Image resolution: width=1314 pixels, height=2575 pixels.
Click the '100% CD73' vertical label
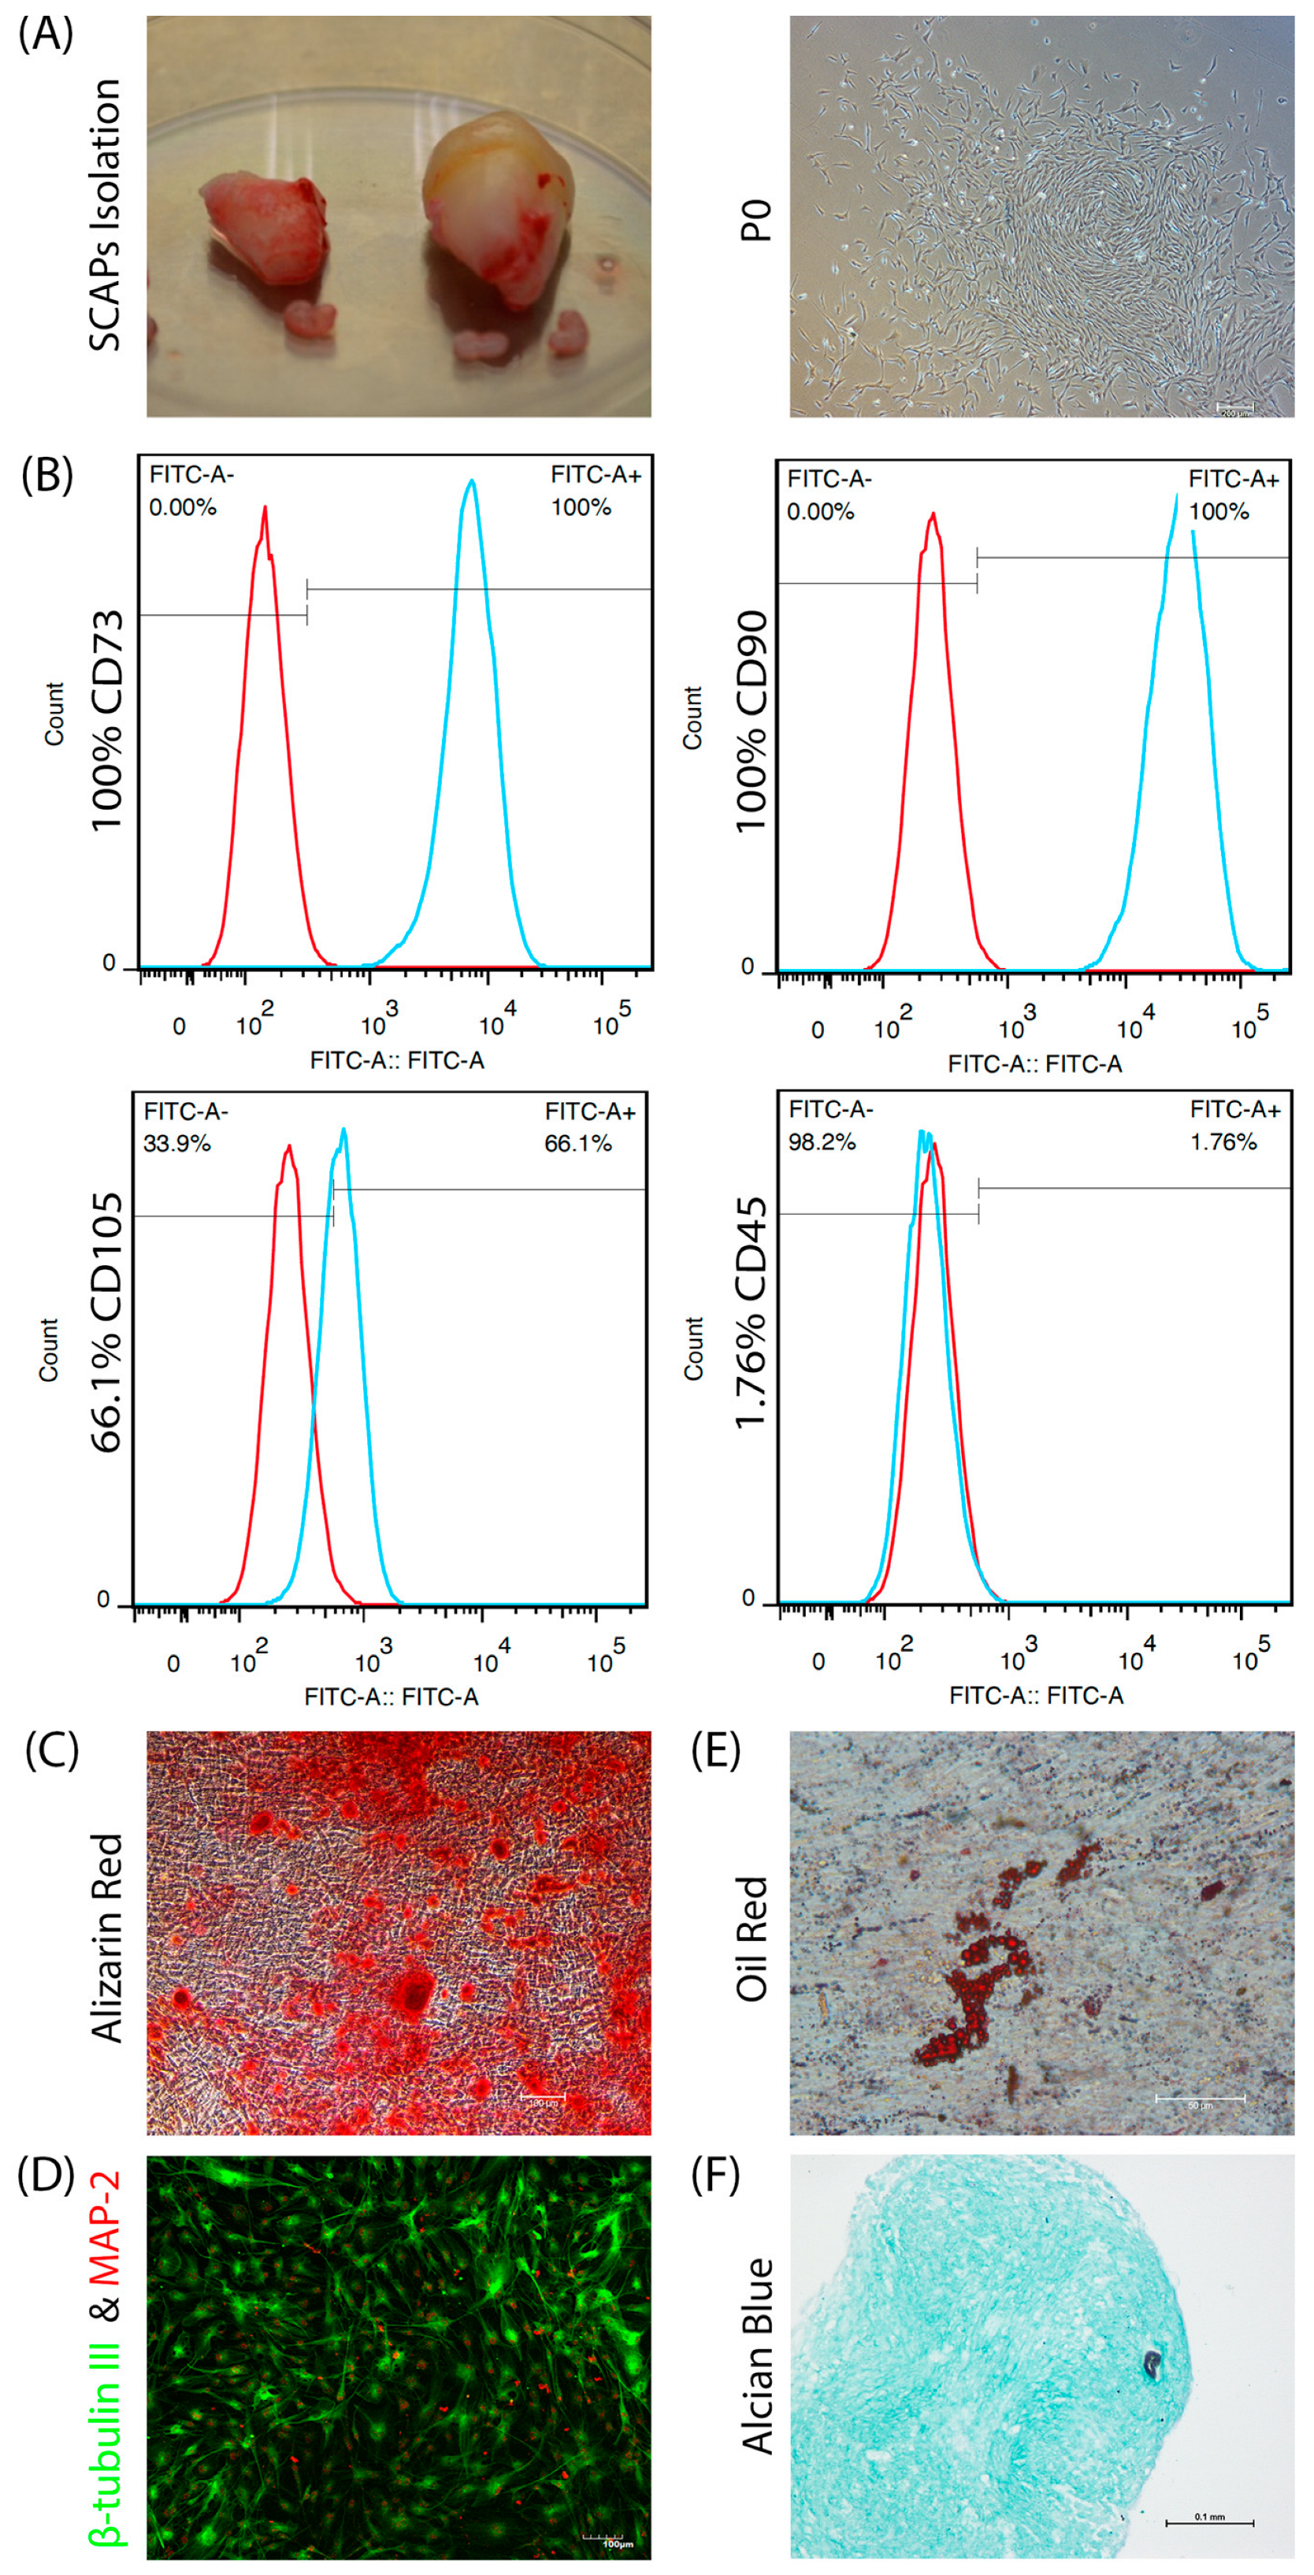106,720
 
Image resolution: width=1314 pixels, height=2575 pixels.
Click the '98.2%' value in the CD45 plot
822,1141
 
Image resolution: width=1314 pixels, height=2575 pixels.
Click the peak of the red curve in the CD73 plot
265,508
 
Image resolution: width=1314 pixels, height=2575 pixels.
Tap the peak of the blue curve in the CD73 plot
471,482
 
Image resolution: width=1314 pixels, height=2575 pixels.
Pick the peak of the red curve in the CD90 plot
933,515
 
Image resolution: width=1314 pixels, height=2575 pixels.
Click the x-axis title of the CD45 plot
1036,1695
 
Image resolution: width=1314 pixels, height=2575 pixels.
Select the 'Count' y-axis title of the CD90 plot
692,718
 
